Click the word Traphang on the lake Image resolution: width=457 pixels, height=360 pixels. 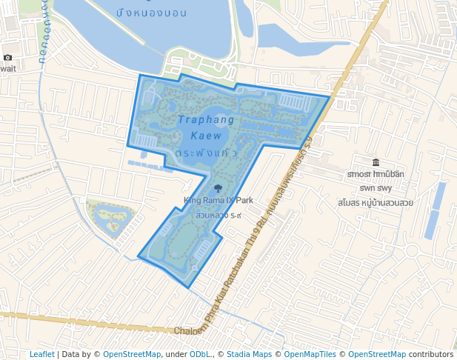coord(206,119)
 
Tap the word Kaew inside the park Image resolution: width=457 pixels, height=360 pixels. coord(206,136)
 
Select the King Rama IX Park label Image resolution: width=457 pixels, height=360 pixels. coord(219,200)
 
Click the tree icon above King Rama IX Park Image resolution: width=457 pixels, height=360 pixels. coord(217,189)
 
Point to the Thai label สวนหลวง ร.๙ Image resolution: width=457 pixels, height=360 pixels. coord(219,215)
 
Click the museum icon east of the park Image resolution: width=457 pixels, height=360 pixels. coord(376,162)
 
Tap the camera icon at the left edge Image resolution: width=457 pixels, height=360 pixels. coord(7,57)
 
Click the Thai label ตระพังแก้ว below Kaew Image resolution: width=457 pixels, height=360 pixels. coord(206,152)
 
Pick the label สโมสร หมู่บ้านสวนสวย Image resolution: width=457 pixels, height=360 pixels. coord(375,201)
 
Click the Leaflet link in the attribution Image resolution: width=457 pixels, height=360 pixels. coord(41,355)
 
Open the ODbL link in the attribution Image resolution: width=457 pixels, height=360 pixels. coord(200,355)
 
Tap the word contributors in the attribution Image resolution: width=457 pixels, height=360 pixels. coord(431,355)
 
